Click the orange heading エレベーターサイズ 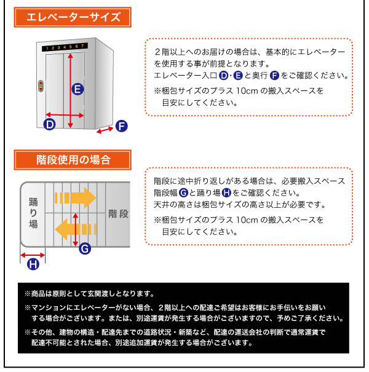point(73,18)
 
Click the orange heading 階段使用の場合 point(73,160)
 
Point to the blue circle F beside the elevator point(121,127)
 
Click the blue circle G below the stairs point(85,248)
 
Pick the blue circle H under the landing point(33,264)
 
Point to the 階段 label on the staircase point(118,213)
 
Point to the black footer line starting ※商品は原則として point(89,294)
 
